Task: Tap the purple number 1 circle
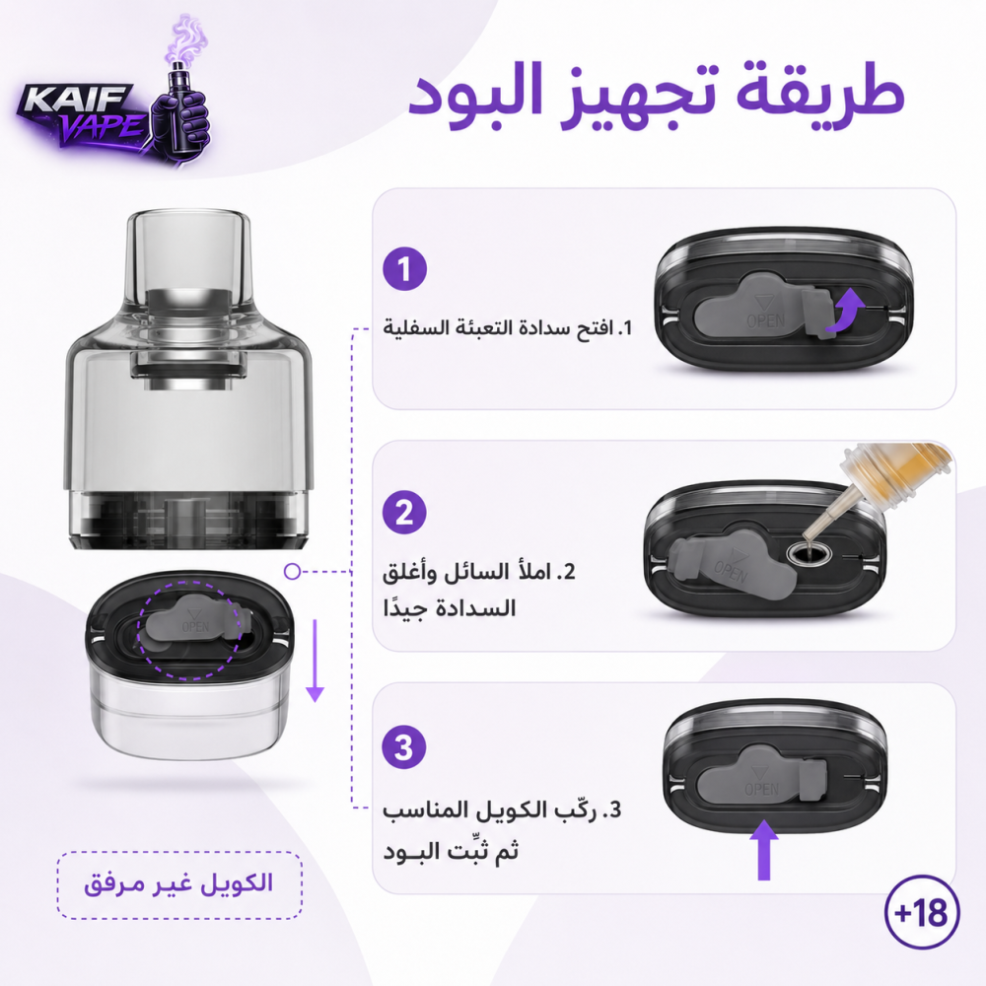[405, 269]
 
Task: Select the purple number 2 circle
[405, 513]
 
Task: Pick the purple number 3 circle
[405, 747]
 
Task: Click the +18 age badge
[922, 912]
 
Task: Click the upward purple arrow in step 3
[764, 849]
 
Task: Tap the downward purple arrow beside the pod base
[315, 661]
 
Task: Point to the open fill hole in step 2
[810, 554]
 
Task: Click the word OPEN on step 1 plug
[766, 320]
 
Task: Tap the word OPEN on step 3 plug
[761, 789]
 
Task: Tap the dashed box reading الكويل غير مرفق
[179, 885]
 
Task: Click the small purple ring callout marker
[292, 572]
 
